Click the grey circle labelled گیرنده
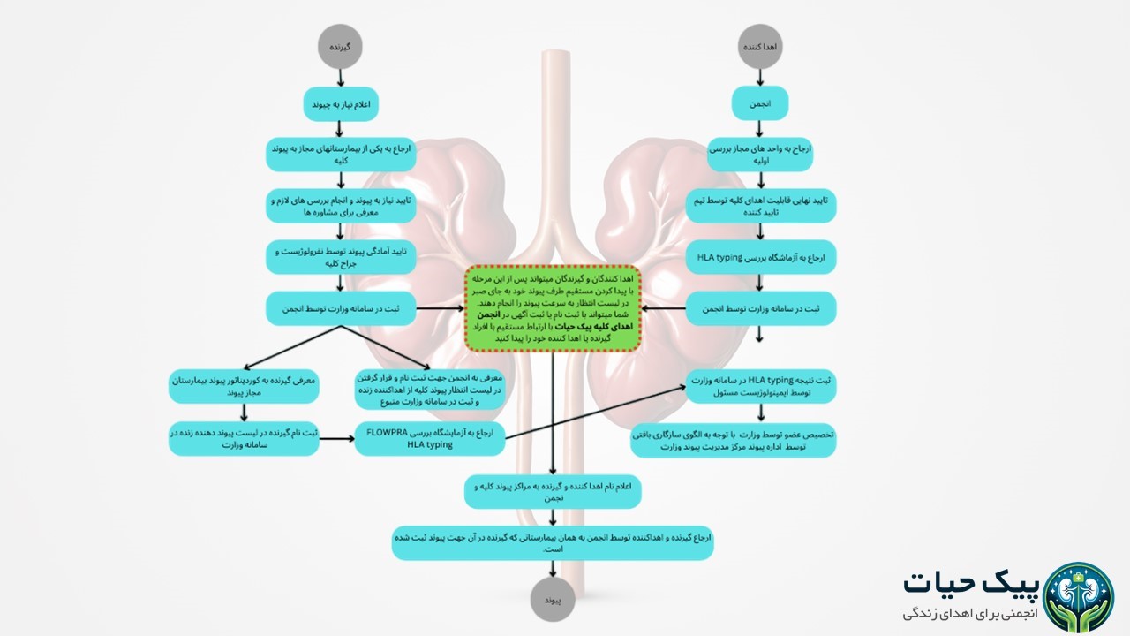341,46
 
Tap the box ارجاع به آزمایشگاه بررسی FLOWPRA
429,438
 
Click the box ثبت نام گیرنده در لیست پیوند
244,438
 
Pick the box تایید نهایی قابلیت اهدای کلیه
760,206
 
